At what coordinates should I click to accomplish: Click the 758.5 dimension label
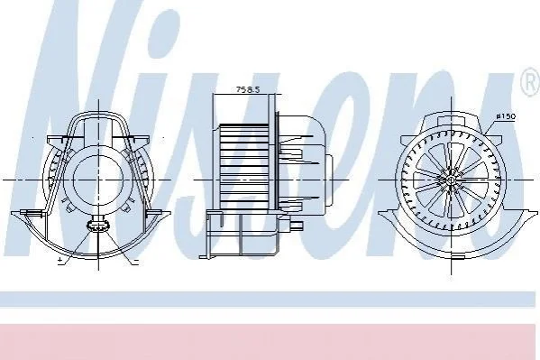(247, 89)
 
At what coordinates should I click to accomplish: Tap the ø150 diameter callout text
(507, 116)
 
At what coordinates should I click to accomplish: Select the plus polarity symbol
(60, 261)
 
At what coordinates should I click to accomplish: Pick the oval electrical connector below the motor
(98, 226)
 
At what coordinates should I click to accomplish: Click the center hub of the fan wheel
(451, 180)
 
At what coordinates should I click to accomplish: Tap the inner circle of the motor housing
(98, 180)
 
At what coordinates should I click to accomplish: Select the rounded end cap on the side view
(329, 179)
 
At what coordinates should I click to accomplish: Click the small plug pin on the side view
(297, 226)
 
